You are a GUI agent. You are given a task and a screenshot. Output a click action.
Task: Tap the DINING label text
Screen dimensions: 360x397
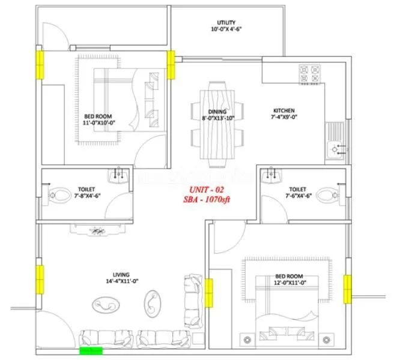tap(217, 112)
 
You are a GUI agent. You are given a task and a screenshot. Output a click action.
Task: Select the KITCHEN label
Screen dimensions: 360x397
tap(283, 111)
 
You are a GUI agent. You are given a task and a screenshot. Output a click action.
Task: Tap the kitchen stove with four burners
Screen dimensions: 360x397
tap(311, 74)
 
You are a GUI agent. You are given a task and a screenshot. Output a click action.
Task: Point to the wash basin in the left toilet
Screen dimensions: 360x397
tap(118, 175)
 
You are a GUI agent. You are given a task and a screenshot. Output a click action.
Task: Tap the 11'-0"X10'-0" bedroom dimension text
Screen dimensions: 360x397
tap(98, 122)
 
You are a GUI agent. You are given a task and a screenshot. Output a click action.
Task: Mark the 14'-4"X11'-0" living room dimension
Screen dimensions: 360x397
tap(122, 282)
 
